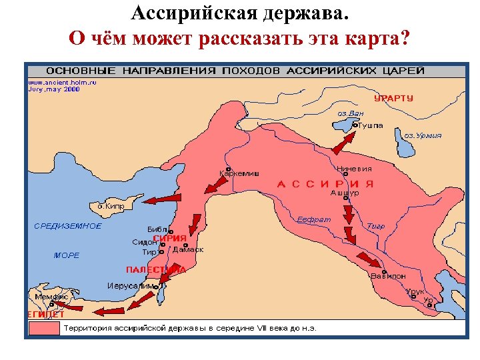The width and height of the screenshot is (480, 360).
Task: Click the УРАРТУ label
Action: point(393,98)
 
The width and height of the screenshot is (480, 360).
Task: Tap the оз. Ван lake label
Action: point(350,113)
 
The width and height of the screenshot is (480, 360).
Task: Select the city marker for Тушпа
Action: point(355,124)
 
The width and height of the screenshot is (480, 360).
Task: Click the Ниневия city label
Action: point(354,169)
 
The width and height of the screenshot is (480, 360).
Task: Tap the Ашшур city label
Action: point(345,193)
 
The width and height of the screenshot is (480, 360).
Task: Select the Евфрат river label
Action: point(313,220)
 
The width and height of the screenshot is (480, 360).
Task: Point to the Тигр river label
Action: point(376,226)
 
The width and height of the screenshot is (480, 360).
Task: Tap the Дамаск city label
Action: point(188,250)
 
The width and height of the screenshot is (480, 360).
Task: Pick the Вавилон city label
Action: point(388,276)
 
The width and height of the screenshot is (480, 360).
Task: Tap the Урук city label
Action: point(415,292)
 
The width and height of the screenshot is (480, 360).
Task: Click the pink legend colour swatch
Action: point(43,328)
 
